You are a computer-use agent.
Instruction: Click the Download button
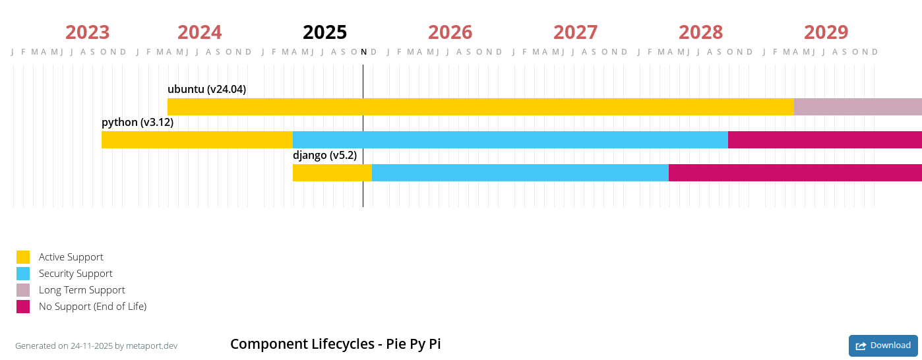883,345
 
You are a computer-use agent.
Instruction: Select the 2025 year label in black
324,32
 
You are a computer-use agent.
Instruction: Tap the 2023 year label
87,32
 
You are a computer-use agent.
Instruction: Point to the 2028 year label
700,32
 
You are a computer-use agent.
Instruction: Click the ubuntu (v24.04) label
206,90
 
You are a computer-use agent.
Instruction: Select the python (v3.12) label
137,123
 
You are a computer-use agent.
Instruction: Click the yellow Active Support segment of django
332,173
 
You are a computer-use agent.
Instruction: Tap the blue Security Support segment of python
510,140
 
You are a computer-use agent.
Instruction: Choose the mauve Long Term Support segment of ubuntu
857,107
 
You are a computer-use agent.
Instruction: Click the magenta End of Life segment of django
795,173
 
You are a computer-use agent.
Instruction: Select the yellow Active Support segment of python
197,140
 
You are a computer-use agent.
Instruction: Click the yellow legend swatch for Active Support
23,257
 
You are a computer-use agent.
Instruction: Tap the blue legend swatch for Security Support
23,274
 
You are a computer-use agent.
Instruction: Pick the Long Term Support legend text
82,290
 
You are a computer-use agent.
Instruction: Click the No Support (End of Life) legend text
92,307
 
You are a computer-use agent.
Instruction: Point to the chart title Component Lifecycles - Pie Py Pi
335,344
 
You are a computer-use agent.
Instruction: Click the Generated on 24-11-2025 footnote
96,346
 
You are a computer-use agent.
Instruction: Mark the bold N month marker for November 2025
363,52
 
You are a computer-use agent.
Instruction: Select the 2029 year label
826,32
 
